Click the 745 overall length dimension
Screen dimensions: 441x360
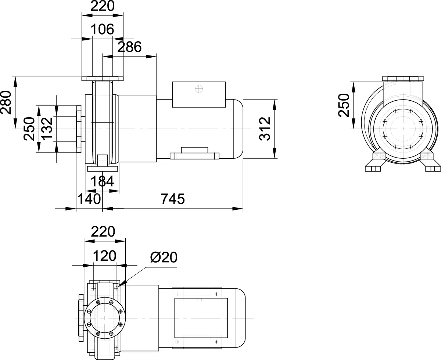pyautogui.click(x=173, y=199)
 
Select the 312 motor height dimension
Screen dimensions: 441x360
pyautogui.click(x=265, y=129)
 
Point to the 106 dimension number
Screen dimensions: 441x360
pyautogui.click(x=102, y=29)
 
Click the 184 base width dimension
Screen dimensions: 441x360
pyautogui.click(x=102, y=181)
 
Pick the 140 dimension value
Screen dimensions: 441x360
pyautogui.click(x=89, y=199)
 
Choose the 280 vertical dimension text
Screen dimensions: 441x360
pyautogui.click(x=6, y=102)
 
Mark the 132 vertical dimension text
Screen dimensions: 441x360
pyautogui.click(x=47, y=129)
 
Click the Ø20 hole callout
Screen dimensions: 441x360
pyautogui.click(x=164, y=258)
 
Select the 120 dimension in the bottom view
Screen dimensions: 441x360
pyautogui.click(x=104, y=256)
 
